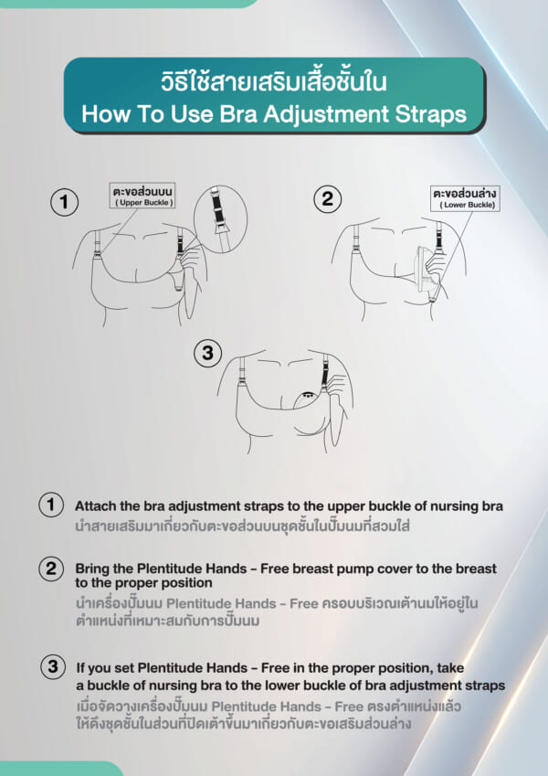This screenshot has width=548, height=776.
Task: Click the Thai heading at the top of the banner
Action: [x=273, y=82]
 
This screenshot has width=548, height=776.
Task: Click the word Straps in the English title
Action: [x=431, y=114]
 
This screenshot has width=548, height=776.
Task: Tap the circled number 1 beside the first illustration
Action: [x=64, y=202]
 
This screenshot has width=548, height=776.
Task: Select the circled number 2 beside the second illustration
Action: [x=327, y=199]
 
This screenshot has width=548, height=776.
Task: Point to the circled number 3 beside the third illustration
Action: [x=207, y=353]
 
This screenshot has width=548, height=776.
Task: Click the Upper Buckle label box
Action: [x=142, y=195]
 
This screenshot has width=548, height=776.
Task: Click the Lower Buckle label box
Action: [x=466, y=198]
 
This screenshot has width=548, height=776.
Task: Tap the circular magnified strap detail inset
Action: [x=220, y=219]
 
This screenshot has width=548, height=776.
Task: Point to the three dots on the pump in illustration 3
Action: [x=309, y=395]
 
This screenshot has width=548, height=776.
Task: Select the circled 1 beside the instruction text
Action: [x=51, y=505]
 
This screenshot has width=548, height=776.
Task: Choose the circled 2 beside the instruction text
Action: [x=51, y=569]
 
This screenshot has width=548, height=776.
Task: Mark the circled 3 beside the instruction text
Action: [x=52, y=666]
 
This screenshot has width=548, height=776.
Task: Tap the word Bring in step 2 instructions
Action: [x=92, y=569]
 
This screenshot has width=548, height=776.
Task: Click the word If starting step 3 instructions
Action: [x=80, y=668]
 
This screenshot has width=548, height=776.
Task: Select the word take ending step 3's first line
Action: [x=450, y=668]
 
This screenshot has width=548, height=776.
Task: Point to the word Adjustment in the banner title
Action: [x=326, y=115]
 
